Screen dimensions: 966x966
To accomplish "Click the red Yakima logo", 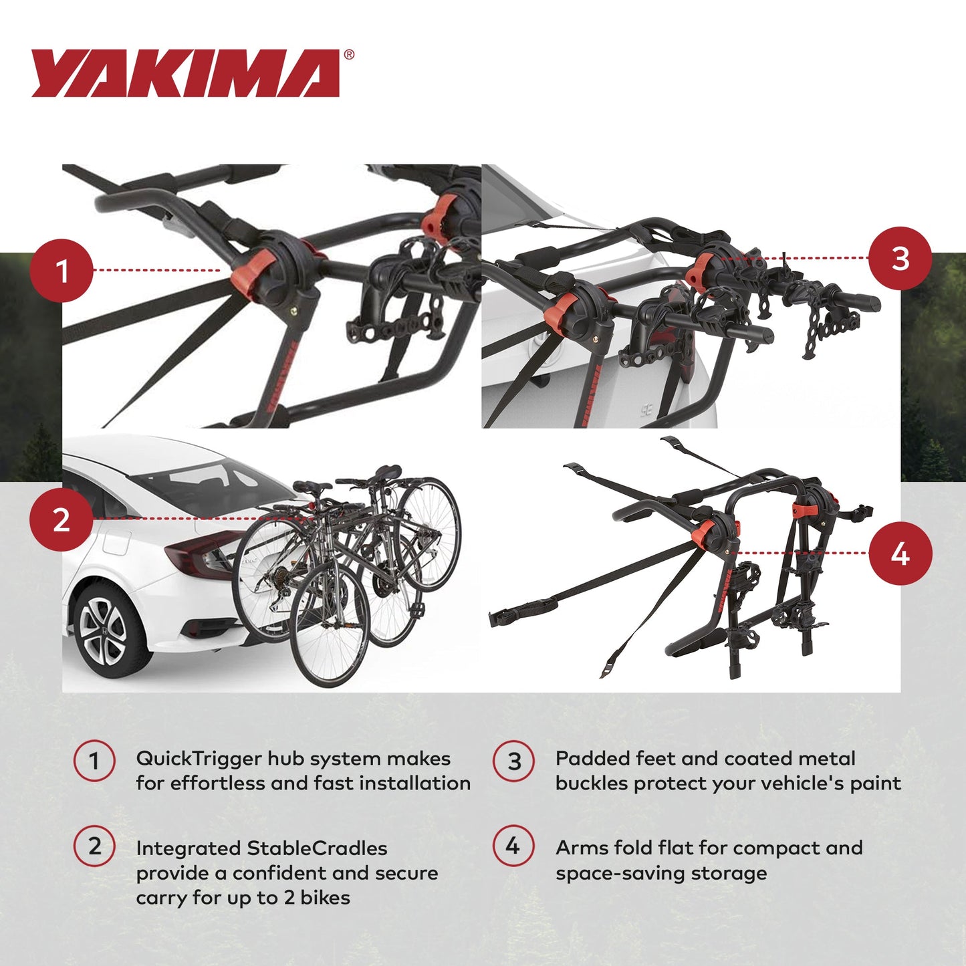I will click(186, 74).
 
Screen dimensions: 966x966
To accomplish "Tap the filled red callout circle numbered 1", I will click(62, 271).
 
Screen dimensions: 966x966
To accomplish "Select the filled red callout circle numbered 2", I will click(61, 519).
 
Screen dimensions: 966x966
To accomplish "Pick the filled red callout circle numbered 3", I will click(900, 259).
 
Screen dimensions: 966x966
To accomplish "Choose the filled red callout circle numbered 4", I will click(900, 554).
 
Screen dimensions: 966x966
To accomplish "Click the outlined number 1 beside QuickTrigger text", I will click(94, 761).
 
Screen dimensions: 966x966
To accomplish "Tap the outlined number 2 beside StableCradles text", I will click(94, 846).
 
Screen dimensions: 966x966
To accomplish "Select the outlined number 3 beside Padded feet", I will click(513, 761).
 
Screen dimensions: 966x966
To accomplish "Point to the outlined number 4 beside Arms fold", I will click(513, 846).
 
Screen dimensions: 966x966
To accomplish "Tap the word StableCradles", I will click(317, 848).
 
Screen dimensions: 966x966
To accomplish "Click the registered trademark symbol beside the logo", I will click(349, 55).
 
